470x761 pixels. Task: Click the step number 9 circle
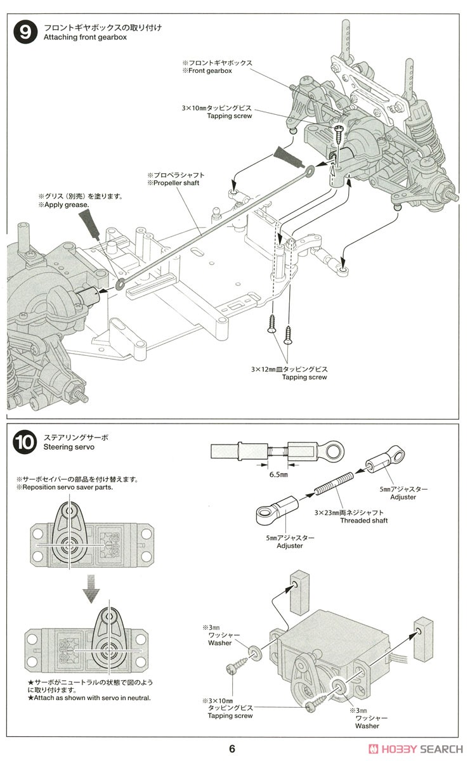25,32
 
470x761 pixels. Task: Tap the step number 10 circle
25,443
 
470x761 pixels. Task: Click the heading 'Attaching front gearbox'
86,37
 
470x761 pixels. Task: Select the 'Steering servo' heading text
69,447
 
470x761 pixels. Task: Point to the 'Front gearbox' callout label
211,71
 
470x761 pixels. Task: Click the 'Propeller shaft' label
176,183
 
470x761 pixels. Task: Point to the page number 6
232,748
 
